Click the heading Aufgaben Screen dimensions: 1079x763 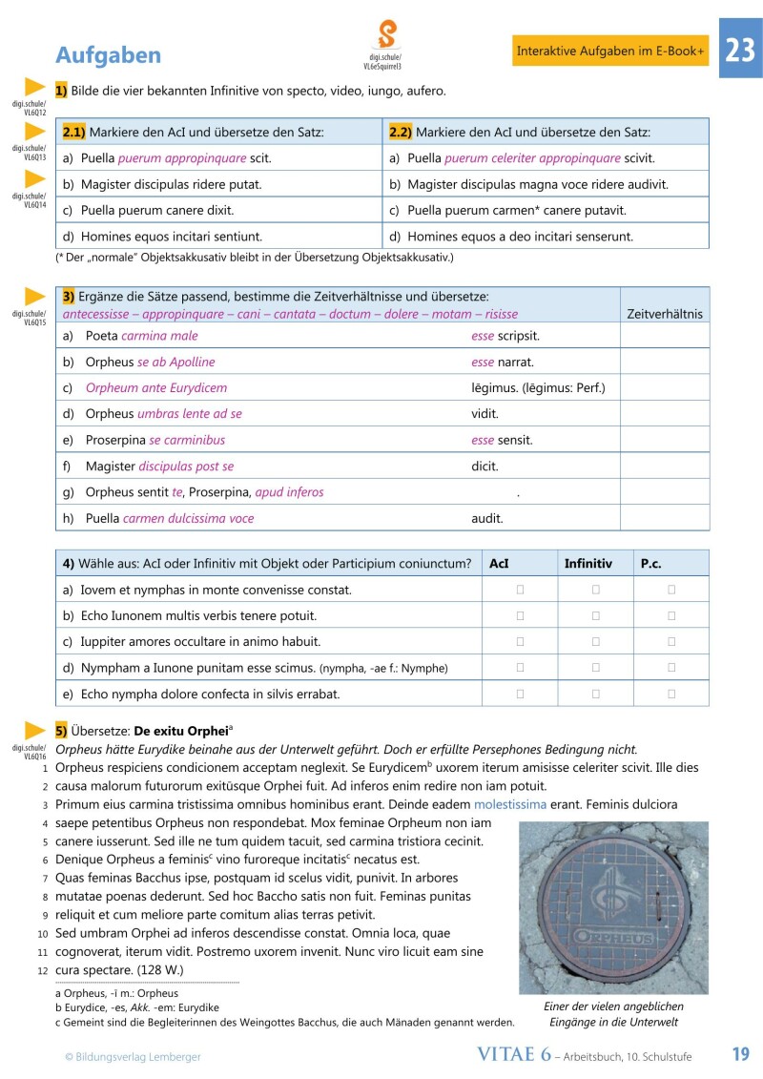[108, 54]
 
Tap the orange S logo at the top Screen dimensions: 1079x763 [386, 35]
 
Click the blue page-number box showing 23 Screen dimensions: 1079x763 [740, 51]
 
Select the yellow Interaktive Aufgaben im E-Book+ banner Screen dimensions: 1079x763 [610, 51]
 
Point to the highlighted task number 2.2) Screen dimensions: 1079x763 [401, 132]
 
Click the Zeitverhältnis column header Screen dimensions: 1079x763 [664, 313]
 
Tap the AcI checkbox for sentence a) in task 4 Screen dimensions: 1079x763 [520, 591]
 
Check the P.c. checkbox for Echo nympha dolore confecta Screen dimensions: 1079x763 [671, 694]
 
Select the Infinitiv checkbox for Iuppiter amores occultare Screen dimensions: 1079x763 [595, 642]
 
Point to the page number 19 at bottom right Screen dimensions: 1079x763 [740, 1054]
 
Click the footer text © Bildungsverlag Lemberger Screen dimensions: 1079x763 [133, 1056]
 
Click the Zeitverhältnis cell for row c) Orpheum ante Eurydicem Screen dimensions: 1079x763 [664, 388]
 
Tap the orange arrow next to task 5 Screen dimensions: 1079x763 [35, 731]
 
